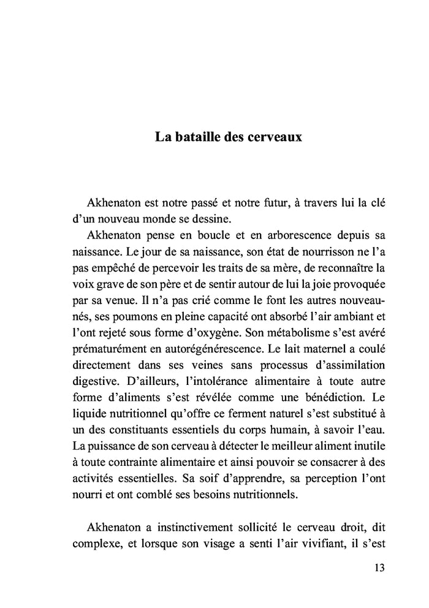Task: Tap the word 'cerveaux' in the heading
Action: [x=273, y=137]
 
